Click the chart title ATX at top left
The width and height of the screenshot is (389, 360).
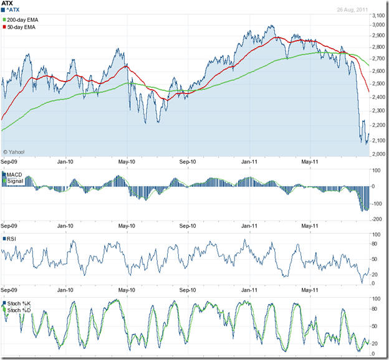8,4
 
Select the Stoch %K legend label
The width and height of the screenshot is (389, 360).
20,303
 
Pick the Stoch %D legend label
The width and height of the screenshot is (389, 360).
20,309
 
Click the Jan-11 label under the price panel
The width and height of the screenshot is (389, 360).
250,163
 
